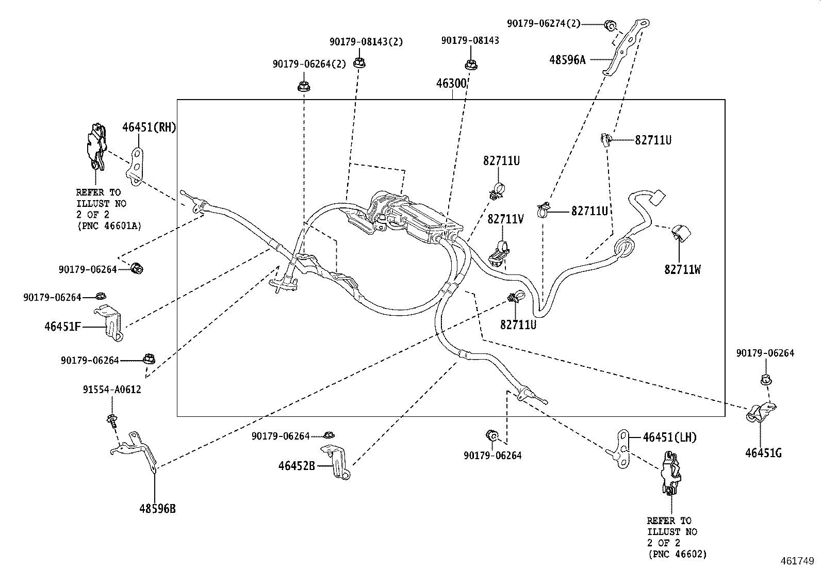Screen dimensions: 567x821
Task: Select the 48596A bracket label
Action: pyautogui.click(x=567, y=60)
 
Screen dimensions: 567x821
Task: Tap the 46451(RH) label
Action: pyautogui.click(x=149, y=127)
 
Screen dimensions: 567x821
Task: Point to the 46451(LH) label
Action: pyautogui.click(x=669, y=437)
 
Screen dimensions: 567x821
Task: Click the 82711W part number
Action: pyautogui.click(x=682, y=269)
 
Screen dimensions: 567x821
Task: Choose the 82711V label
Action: pyautogui.click(x=505, y=220)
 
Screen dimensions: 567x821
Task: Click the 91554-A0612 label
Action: pyautogui.click(x=112, y=390)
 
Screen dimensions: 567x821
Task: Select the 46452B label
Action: pyautogui.click(x=297, y=466)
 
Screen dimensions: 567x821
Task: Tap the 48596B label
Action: pyautogui.click(x=157, y=509)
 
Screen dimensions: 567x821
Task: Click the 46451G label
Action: pyautogui.click(x=763, y=453)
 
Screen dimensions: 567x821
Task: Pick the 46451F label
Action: pyautogui.click(x=62, y=326)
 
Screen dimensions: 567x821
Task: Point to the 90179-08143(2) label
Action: pyautogui.click(x=366, y=41)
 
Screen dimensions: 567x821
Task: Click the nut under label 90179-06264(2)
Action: pyautogui.click(x=303, y=86)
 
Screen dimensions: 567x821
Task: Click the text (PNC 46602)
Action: pyautogui.click(x=677, y=554)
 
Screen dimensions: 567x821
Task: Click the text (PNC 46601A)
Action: pyautogui.click(x=109, y=225)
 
